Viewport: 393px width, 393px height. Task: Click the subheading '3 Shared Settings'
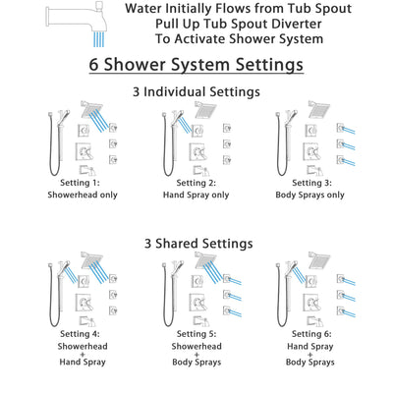(196, 243)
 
